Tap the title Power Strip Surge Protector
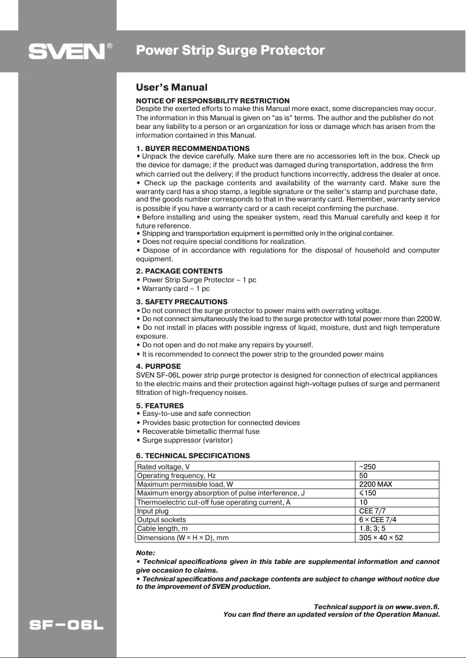[x=230, y=51]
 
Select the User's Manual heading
[x=171, y=88]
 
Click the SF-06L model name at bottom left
[x=67, y=626]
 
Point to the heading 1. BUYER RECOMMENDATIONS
[x=192, y=149]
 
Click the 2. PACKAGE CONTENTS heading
[x=179, y=271]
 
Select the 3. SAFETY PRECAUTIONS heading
[x=182, y=302]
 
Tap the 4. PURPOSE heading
[x=158, y=366]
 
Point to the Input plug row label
[x=153, y=511]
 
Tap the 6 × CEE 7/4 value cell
[x=378, y=520]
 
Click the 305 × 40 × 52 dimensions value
[x=381, y=538]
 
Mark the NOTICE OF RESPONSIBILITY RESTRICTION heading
[x=213, y=101]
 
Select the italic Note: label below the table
[x=145, y=553]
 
